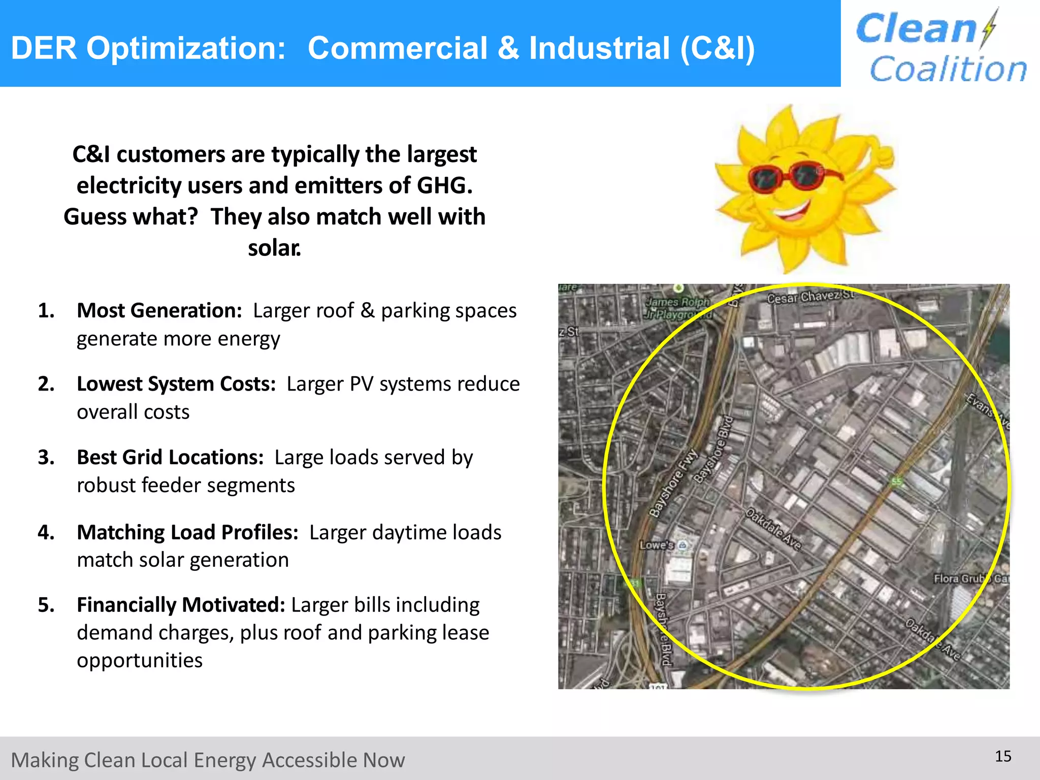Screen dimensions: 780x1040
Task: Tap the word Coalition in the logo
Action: click(x=948, y=69)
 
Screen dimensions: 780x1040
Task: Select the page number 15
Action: click(x=1003, y=757)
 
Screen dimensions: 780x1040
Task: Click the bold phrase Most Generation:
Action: click(x=159, y=310)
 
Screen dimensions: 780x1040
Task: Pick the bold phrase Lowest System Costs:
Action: click(x=176, y=384)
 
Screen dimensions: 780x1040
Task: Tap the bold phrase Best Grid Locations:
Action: click(x=170, y=458)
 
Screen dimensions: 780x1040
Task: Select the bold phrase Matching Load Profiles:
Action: click(x=187, y=532)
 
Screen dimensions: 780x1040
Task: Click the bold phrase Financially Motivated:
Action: click(x=181, y=605)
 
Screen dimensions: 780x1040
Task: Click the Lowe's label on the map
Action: click(x=657, y=545)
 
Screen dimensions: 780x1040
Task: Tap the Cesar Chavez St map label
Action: click(x=810, y=297)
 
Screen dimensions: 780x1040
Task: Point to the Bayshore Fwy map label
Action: click(x=674, y=484)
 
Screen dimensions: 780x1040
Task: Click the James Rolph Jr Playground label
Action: click(x=678, y=308)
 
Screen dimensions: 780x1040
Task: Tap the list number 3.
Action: click(x=46, y=458)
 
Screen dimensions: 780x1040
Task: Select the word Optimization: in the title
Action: click(x=186, y=48)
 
